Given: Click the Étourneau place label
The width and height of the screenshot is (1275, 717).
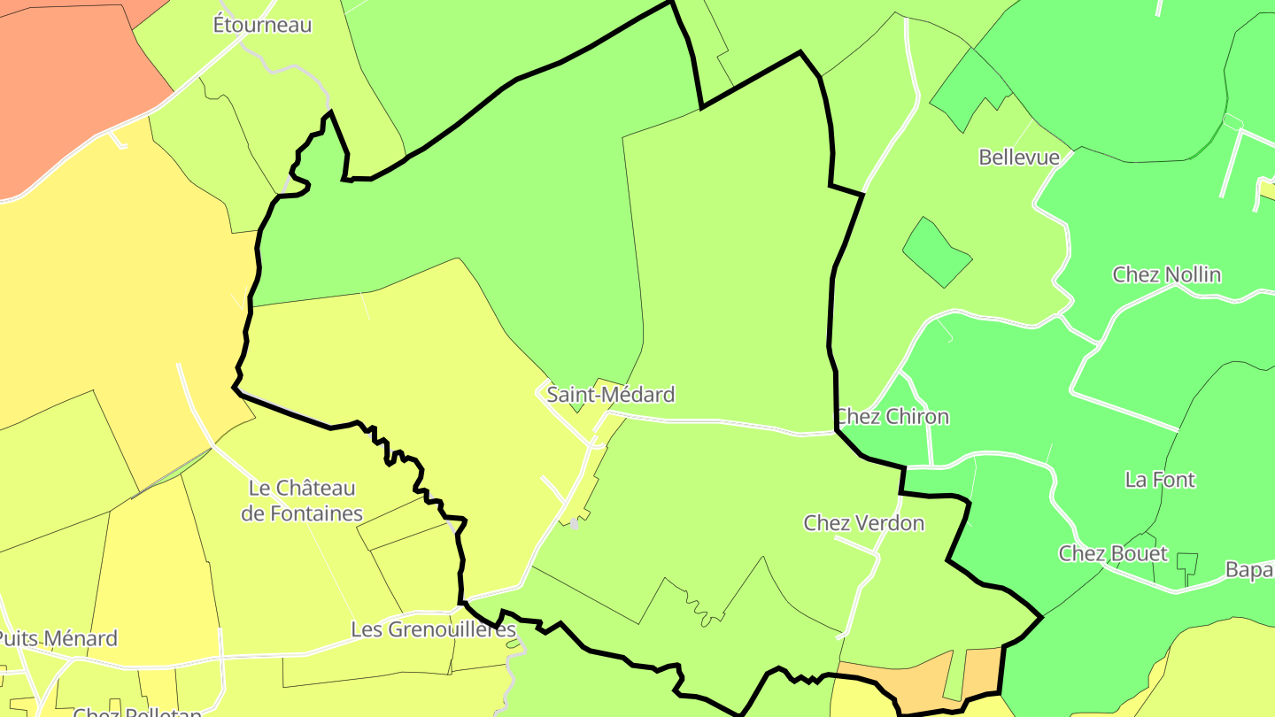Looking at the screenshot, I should (262, 25).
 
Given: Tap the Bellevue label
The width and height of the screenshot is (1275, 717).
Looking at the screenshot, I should (1018, 158).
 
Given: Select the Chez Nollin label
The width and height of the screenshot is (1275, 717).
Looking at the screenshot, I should (1166, 274).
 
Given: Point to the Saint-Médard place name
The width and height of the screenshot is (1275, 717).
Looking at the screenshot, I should (610, 395).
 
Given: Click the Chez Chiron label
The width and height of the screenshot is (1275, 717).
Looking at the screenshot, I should (892, 417).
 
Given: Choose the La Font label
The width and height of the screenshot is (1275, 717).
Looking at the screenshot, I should (1160, 480).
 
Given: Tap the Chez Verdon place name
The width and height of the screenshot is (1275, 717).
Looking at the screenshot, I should (863, 523).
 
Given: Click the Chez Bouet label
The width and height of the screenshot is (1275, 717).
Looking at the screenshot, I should (1113, 554).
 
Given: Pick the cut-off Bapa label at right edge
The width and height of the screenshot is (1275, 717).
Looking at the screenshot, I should (1249, 570).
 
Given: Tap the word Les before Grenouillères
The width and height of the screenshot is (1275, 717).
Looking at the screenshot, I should (367, 630).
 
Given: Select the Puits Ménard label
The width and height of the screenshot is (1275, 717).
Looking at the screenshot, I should (58, 639).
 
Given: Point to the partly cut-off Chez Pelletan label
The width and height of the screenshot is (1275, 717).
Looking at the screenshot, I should (137, 711).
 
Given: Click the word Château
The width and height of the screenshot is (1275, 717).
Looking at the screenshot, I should (314, 488).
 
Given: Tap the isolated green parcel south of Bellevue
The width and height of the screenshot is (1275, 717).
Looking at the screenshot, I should (936, 253).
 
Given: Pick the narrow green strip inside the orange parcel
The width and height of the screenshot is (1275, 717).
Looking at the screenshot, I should (954, 677).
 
